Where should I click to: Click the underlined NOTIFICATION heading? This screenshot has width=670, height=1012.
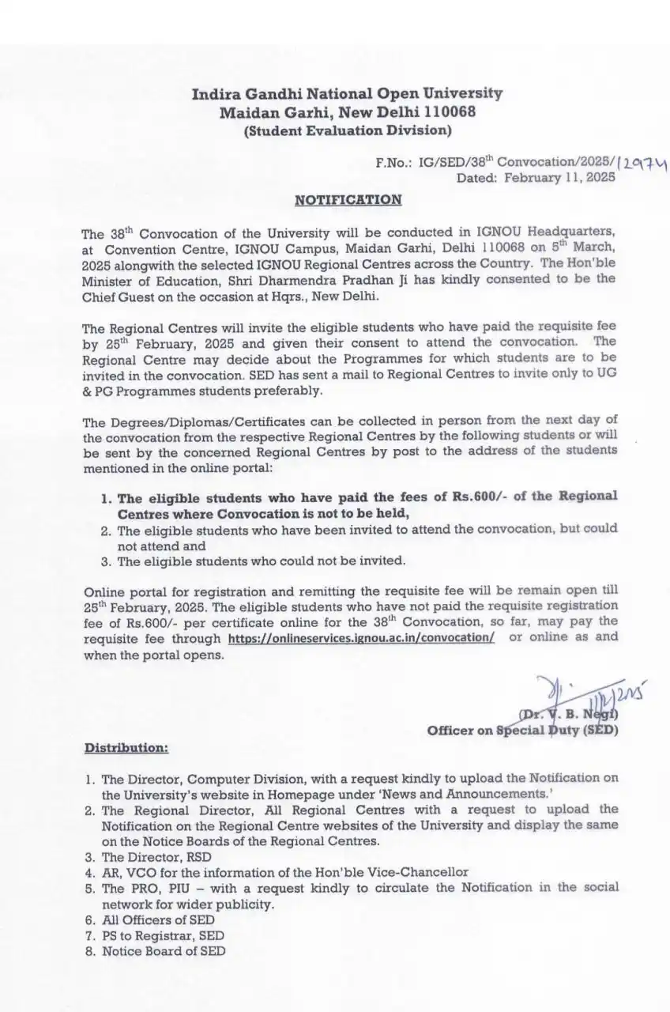[x=348, y=200]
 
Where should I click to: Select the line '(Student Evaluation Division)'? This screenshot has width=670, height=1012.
[x=348, y=130]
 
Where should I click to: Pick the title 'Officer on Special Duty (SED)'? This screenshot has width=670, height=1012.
[x=523, y=730]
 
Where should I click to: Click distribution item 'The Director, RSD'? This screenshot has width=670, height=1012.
[x=156, y=856]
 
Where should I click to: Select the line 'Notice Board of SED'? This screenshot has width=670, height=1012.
[x=163, y=951]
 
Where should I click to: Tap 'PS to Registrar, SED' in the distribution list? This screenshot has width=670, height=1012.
[x=163, y=935]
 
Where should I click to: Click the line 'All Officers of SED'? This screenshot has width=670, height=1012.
[x=158, y=919]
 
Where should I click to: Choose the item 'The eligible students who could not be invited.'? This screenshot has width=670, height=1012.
[x=262, y=561]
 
